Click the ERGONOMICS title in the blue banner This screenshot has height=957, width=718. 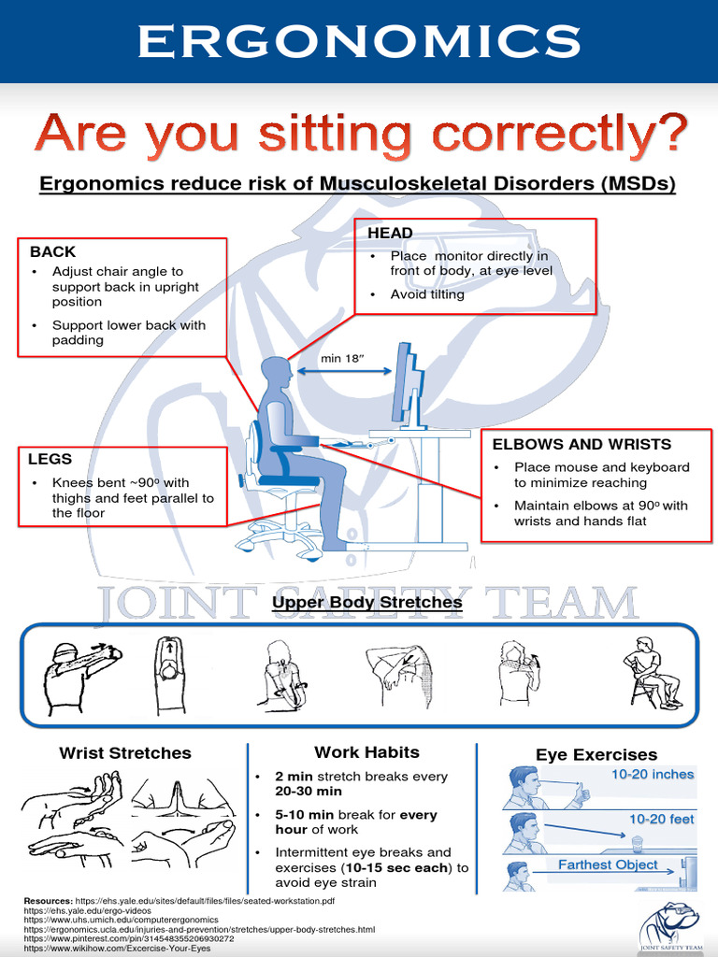click(359, 42)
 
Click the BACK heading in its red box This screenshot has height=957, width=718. click(52, 251)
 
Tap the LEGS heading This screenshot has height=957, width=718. click(50, 459)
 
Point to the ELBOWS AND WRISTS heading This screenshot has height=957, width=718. click(582, 444)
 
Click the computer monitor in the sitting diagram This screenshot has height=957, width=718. click(408, 385)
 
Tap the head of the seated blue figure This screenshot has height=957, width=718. click(277, 373)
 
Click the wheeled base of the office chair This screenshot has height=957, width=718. click(279, 540)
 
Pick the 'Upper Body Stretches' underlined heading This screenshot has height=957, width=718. click(366, 603)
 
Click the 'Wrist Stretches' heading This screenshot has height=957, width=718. click(125, 752)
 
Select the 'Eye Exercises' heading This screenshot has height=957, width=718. click(596, 754)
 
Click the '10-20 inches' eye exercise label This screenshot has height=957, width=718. click(653, 775)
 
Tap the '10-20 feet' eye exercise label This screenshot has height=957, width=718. click(661, 819)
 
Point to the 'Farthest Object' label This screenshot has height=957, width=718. click(608, 864)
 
